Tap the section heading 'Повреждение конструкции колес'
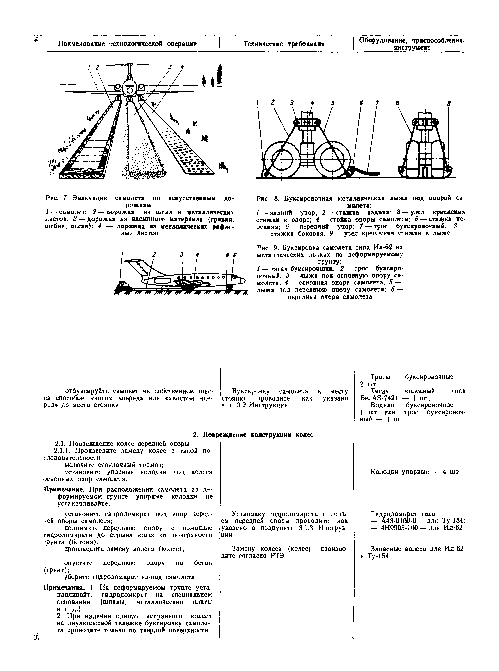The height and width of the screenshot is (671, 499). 258,435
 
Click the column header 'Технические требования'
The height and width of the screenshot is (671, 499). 284,44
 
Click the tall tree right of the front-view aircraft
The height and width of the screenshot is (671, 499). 220,75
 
